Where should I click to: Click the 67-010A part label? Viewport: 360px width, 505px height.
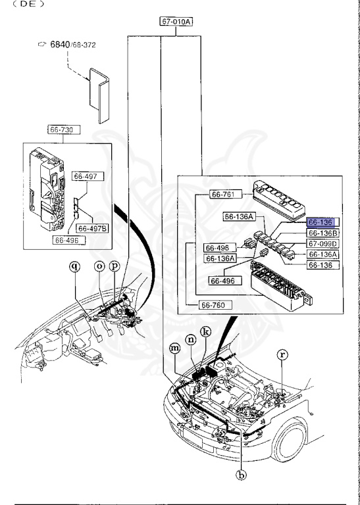[176, 22]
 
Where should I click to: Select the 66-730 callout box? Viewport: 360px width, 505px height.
[64, 130]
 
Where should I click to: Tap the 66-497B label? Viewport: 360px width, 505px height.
[93, 228]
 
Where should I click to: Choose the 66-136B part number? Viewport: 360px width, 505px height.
[322, 233]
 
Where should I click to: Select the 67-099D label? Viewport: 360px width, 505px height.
[322, 243]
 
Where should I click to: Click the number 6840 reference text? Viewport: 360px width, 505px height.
[60, 44]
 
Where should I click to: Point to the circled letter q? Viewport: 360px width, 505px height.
[75, 266]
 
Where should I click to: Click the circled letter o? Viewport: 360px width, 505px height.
[100, 266]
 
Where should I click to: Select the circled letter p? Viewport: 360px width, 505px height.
[115, 266]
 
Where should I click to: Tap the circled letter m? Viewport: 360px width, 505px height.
[175, 348]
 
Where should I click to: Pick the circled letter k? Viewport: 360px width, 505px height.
[205, 331]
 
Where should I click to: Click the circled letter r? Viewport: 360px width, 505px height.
[282, 355]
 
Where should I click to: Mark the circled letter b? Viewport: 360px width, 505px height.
[241, 475]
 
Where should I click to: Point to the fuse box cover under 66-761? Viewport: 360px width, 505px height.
[279, 200]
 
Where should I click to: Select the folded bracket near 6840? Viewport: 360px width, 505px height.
[99, 95]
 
